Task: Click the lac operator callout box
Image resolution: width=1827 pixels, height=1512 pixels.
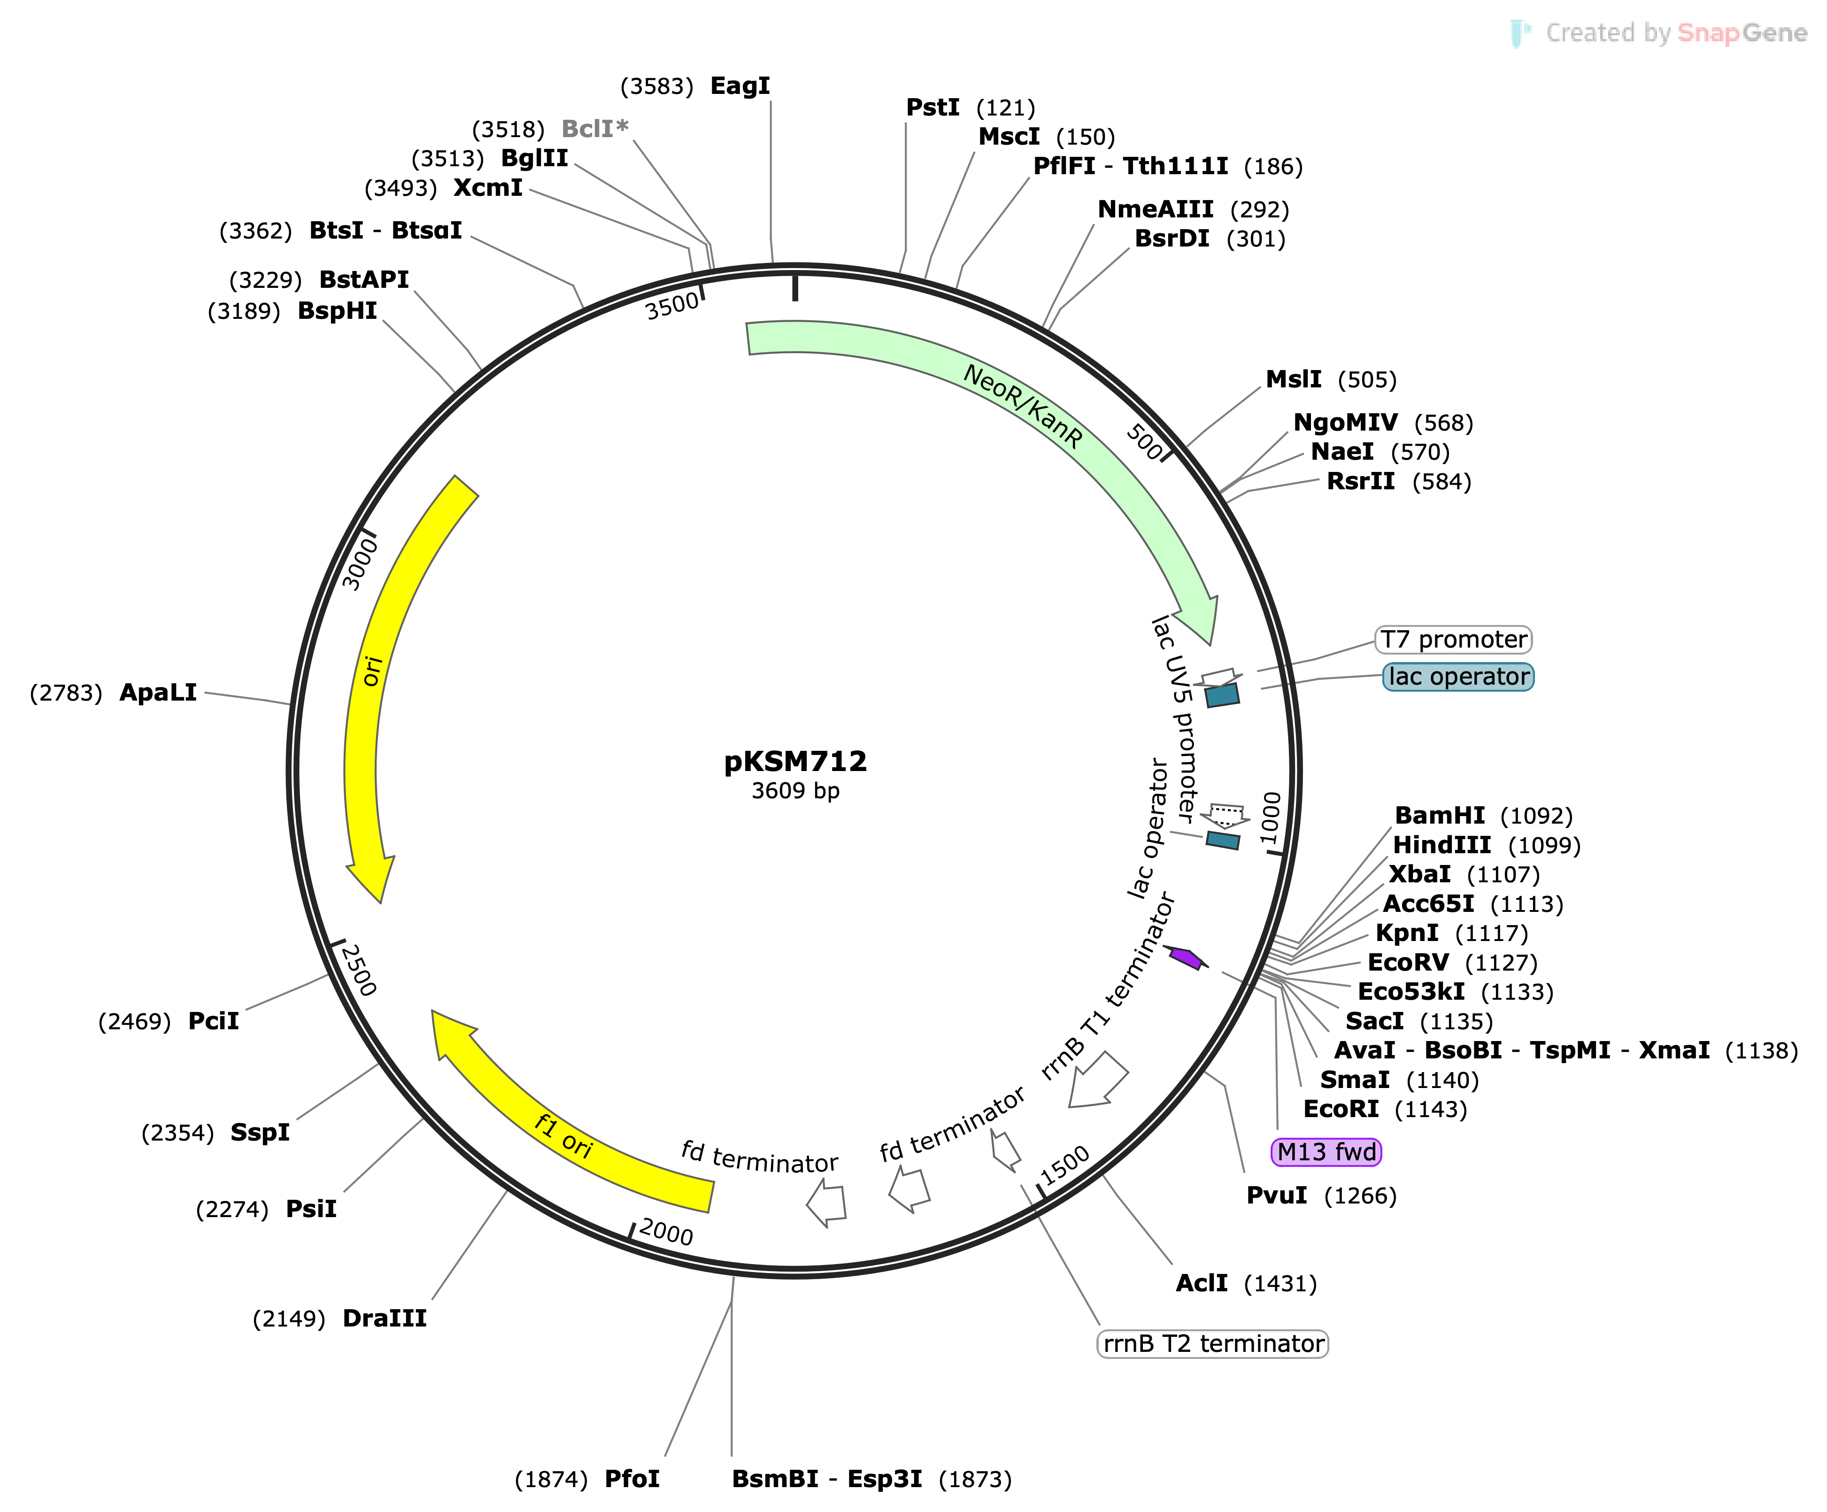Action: click(1458, 677)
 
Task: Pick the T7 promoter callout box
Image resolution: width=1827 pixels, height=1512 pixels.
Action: click(1453, 640)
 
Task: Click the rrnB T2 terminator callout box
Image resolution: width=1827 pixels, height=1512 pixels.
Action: click(1213, 1343)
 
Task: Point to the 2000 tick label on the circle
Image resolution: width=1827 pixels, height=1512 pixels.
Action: click(665, 1232)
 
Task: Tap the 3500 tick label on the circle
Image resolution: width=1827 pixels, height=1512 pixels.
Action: click(671, 306)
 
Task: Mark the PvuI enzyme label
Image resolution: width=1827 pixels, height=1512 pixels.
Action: click(1276, 1196)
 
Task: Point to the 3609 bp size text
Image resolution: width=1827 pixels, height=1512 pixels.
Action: click(795, 791)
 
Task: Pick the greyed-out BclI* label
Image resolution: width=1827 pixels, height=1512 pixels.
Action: click(594, 129)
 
